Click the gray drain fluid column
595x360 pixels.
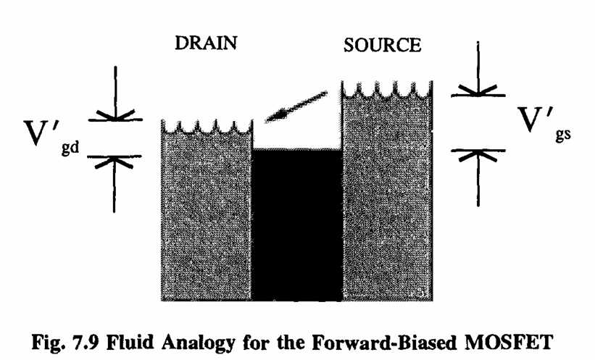pyautogui.click(x=205, y=217)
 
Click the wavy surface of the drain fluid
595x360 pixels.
pyautogui.click(x=205, y=129)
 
